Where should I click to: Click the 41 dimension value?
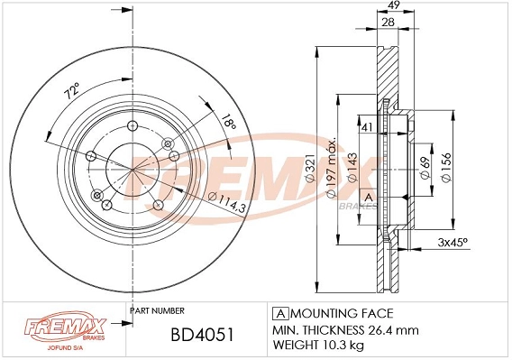367,127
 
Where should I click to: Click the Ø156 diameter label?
448,165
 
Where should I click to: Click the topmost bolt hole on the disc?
132,127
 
